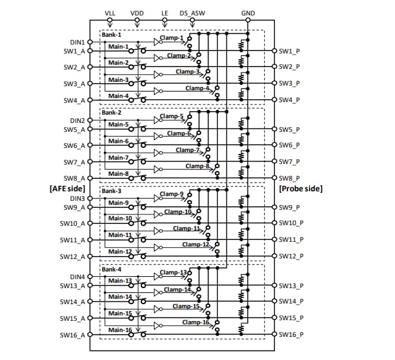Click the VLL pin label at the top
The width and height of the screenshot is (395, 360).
(x=110, y=12)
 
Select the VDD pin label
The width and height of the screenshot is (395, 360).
(x=137, y=12)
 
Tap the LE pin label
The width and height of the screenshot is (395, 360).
(x=165, y=12)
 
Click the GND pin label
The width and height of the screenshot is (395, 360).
(x=248, y=12)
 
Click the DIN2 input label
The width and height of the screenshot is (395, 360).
(x=77, y=120)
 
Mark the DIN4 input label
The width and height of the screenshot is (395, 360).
(x=77, y=276)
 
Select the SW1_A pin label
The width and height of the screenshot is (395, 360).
(x=74, y=51)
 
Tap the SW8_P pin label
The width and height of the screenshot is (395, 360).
(x=289, y=178)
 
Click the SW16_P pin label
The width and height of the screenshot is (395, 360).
(x=291, y=335)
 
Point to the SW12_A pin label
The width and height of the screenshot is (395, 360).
(x=72, y=257)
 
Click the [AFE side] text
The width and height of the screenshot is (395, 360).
(x=67, y=188)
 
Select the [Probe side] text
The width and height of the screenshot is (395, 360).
(x=301, y=188)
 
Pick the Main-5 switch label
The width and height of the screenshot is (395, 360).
(x=118, y=125)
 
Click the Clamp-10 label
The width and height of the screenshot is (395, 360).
(x=179, y=211)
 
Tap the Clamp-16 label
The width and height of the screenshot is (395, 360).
(x=195, y=322)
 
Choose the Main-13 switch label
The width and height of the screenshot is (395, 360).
(x=120, y=280)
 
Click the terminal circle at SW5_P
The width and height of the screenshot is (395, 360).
(x=274, y=129)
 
